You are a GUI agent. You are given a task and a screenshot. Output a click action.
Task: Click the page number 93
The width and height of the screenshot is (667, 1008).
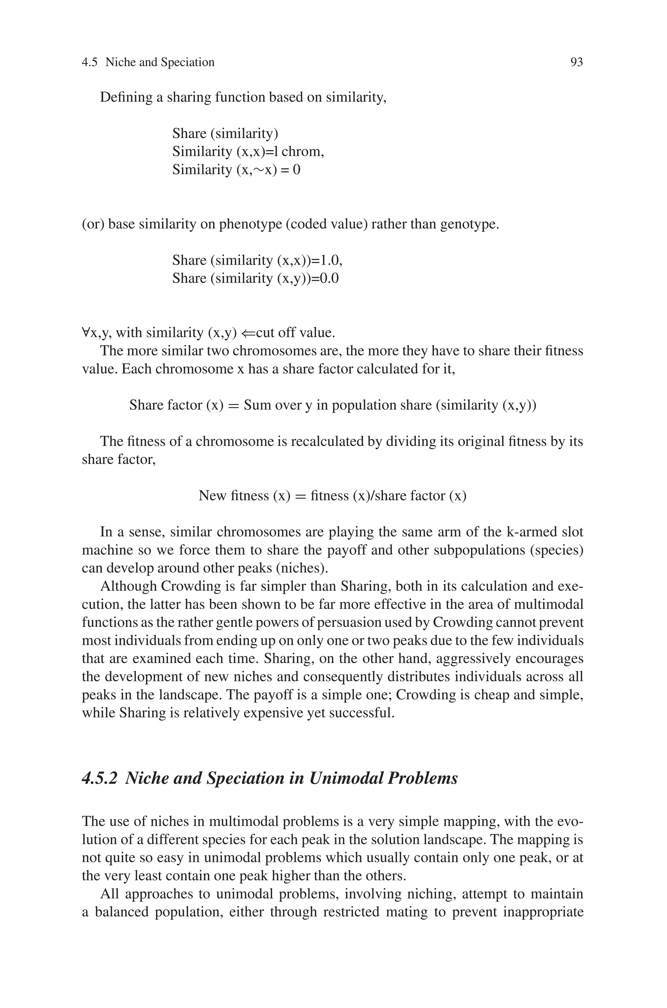576,63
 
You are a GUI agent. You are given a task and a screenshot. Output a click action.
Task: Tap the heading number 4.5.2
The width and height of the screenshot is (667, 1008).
99,778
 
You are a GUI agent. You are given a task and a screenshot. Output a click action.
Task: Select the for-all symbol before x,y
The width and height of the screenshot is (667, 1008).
86,333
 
